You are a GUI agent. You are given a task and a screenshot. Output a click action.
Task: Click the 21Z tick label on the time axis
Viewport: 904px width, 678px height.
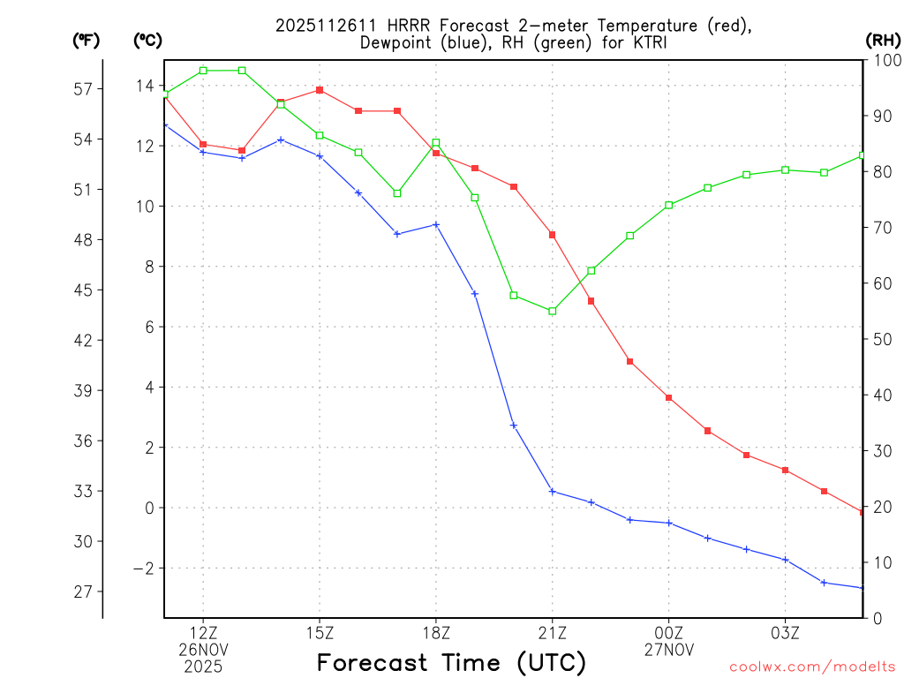(552, 632)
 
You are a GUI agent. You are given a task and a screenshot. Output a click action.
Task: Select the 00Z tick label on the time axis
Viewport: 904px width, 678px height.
(668, 632)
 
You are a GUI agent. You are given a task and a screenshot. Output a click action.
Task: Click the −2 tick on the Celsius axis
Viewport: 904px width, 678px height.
(143, 569)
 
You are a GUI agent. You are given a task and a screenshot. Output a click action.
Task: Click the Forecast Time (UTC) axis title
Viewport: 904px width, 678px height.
(451, 662)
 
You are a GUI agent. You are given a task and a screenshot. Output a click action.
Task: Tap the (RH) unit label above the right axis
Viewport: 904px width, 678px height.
(884, 40)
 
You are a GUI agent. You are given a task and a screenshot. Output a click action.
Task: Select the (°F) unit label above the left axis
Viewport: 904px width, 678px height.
(87, 40)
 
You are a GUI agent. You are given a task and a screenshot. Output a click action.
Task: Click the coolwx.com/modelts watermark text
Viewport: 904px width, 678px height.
(812, 667)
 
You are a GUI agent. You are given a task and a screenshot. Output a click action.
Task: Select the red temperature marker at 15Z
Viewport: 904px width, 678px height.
(320, 90)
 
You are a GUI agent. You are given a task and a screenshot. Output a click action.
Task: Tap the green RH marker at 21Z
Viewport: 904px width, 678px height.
(553, 311)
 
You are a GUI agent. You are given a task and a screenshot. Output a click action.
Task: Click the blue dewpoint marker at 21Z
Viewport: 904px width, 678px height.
(553, 491)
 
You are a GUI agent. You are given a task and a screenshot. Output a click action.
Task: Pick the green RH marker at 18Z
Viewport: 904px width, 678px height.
(436, 142)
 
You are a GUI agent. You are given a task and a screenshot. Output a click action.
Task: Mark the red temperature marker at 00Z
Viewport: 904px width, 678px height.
(669, 398)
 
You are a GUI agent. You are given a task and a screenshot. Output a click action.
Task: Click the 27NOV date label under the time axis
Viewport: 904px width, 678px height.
(668, 649)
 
